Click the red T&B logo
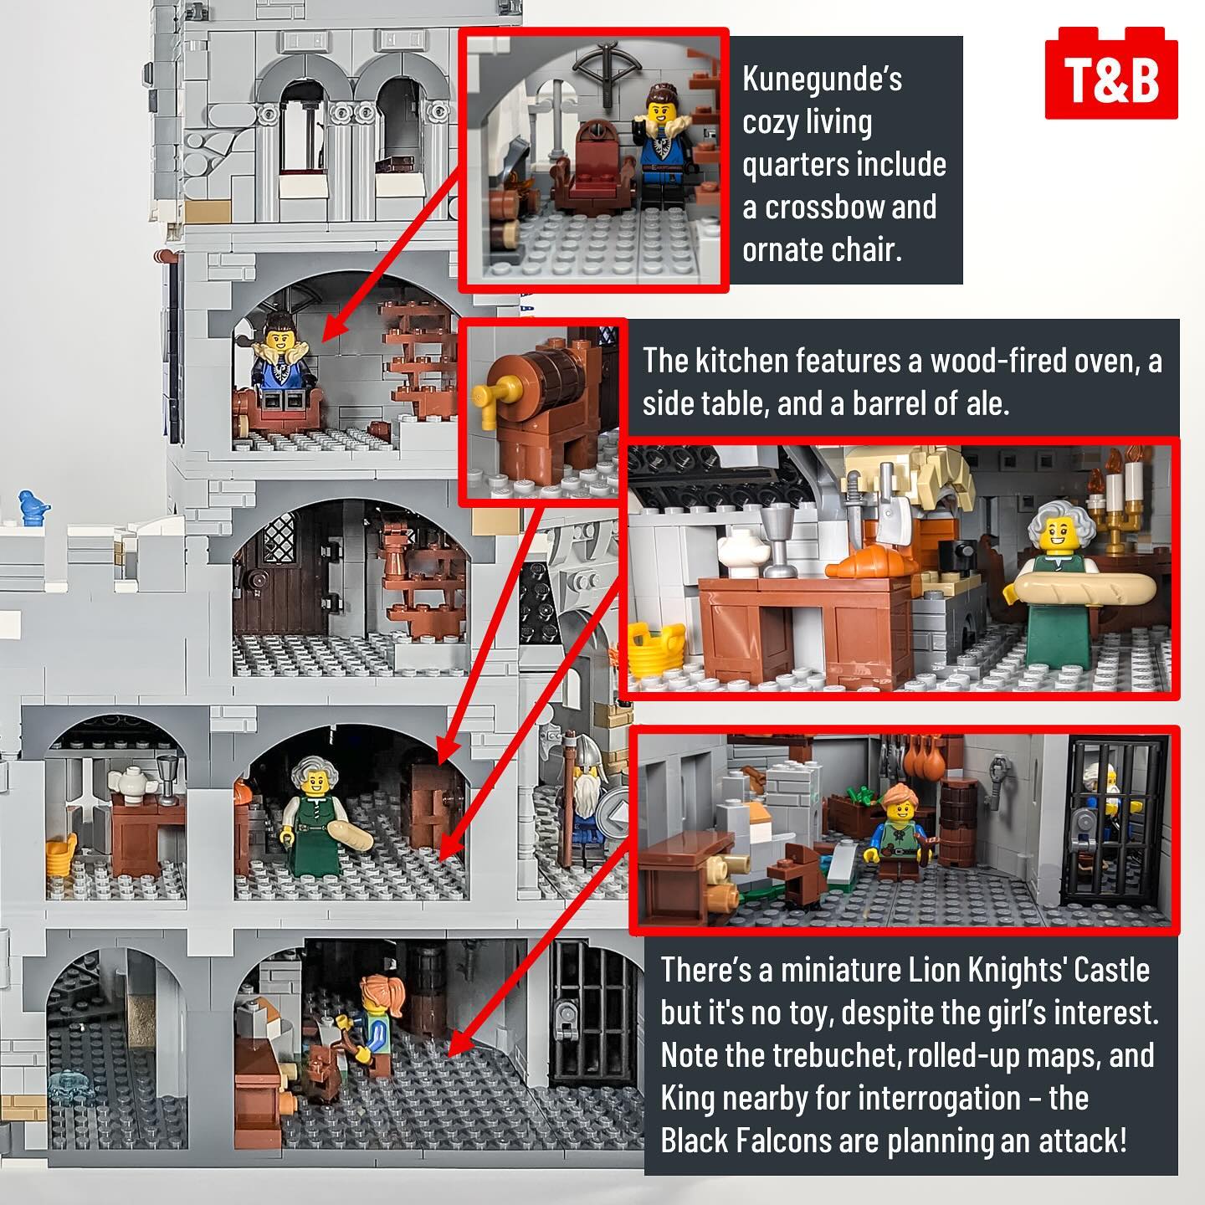(1111, 73)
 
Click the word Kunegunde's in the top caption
(823, 80)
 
